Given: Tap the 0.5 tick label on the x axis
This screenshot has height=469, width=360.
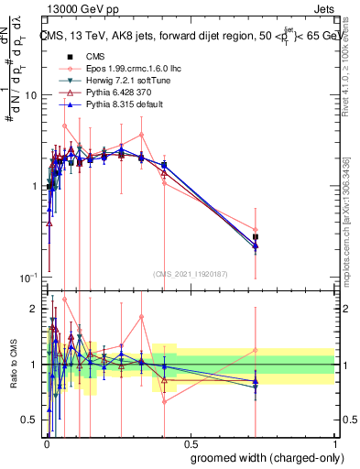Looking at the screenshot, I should [191, 443].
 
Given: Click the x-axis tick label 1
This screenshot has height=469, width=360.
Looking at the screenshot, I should [333, 443].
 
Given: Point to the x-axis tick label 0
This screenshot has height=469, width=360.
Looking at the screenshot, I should [47, 443].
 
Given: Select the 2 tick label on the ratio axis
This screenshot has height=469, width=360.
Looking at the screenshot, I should [35, 309].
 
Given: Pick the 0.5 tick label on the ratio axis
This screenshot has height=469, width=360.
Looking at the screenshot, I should [30, 420].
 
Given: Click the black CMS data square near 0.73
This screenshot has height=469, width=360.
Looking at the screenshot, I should [256, 237].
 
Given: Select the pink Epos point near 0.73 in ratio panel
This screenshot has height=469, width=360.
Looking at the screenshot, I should [256, 350].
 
